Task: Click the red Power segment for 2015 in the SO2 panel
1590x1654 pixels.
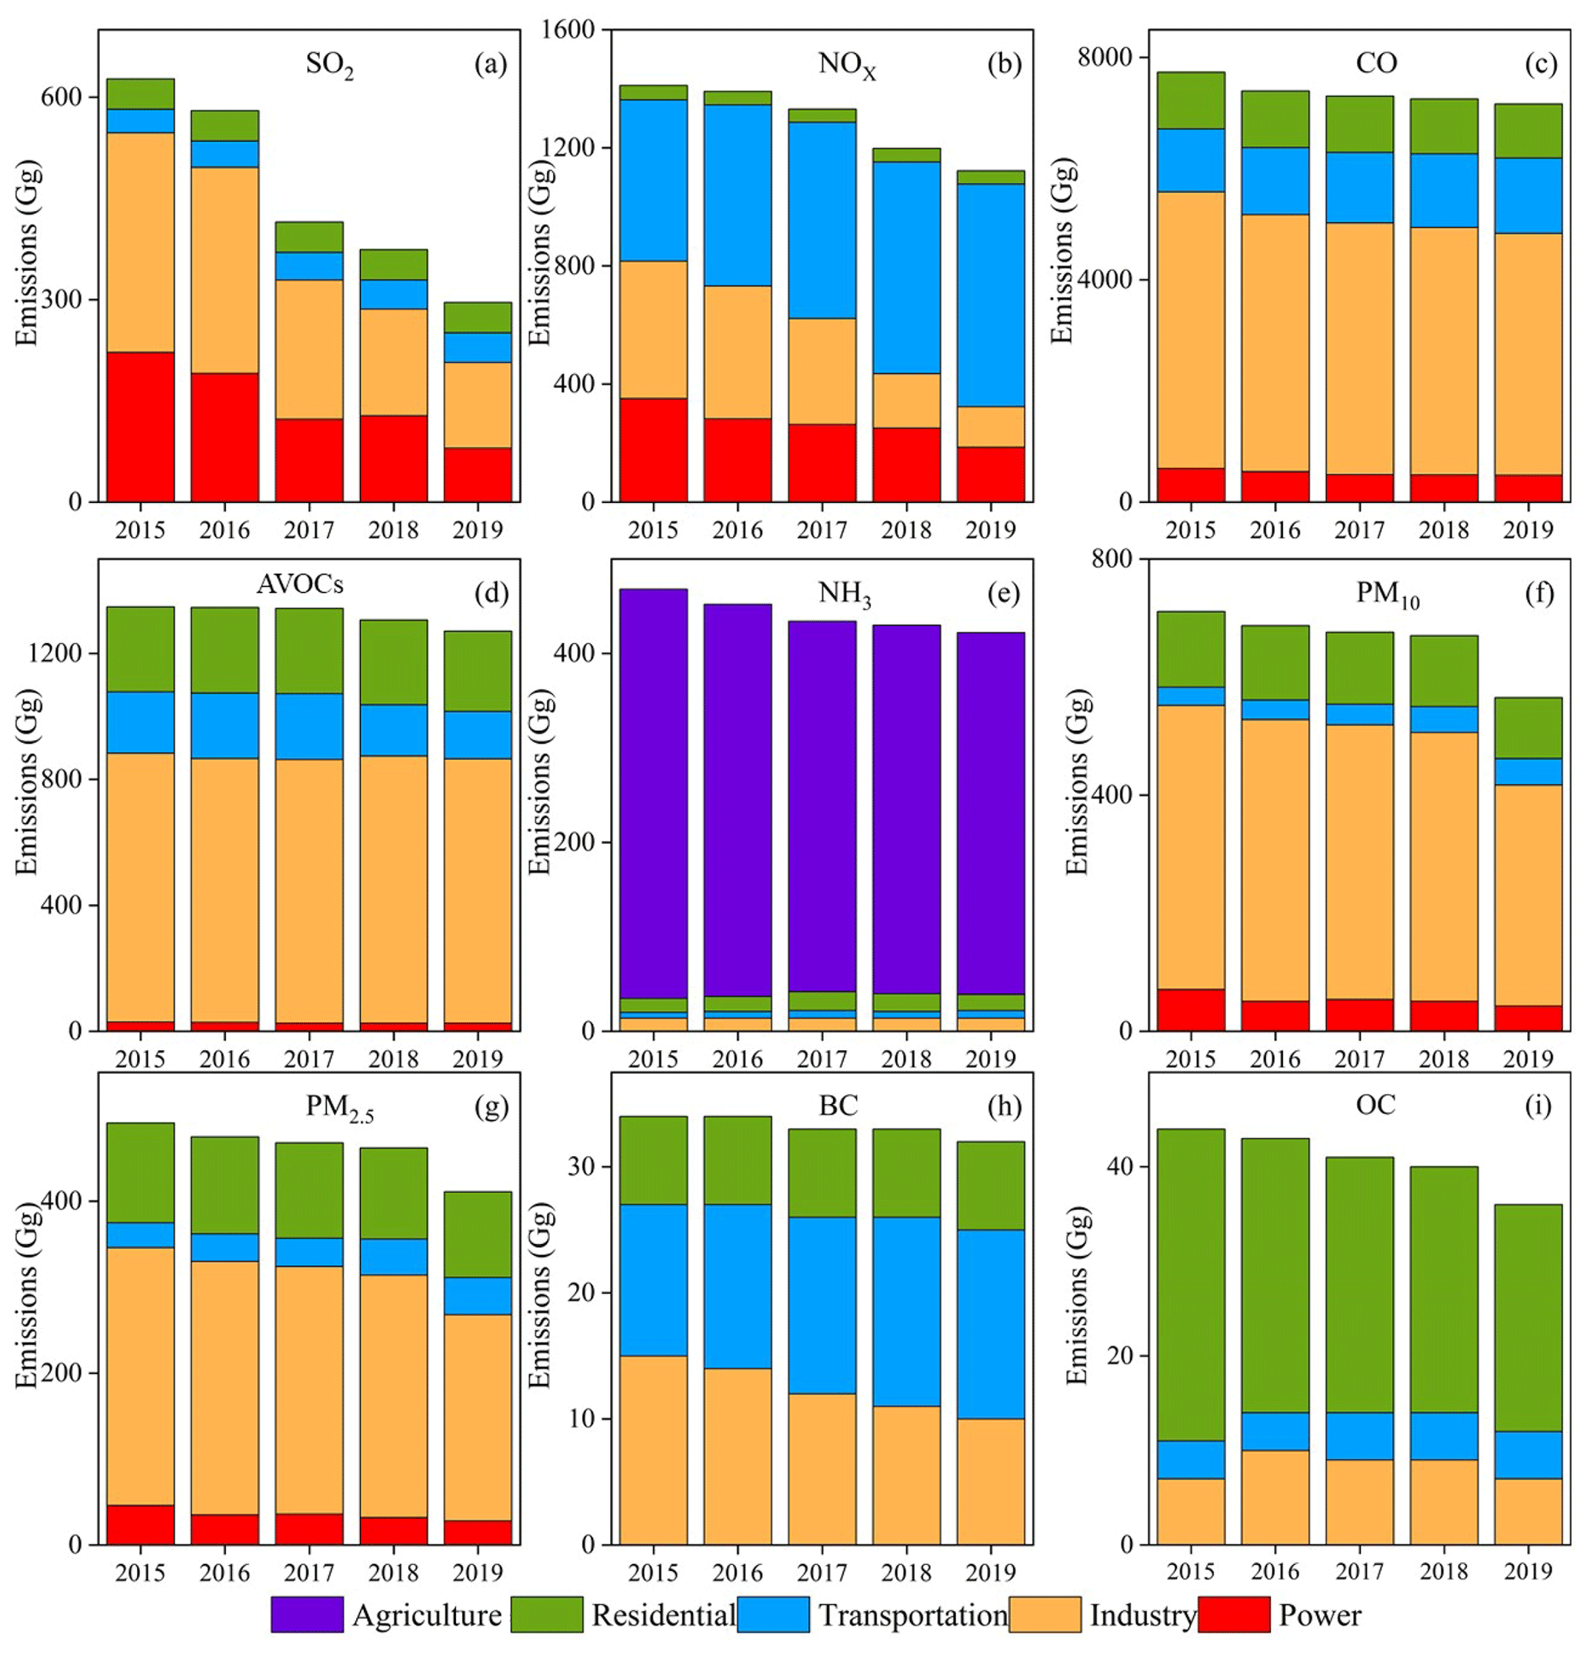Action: (140, 426)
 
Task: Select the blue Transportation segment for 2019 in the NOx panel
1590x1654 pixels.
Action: (990, 295)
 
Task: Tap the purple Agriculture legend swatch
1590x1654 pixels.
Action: (306, 1614)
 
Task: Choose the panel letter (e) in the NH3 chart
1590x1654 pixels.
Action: (1003, 593)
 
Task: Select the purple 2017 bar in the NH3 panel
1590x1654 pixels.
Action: (822, 806)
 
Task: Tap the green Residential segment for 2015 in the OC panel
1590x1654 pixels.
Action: (1190, 1283)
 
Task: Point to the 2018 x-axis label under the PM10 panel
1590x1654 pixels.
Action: (1443, 1059)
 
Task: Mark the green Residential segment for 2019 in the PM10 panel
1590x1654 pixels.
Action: (1528, 728)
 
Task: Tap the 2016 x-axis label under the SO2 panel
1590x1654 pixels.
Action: (225, 530)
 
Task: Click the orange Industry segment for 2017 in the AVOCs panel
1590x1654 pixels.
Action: (309, 890)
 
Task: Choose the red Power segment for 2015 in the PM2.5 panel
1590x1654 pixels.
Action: (140, 1524)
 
